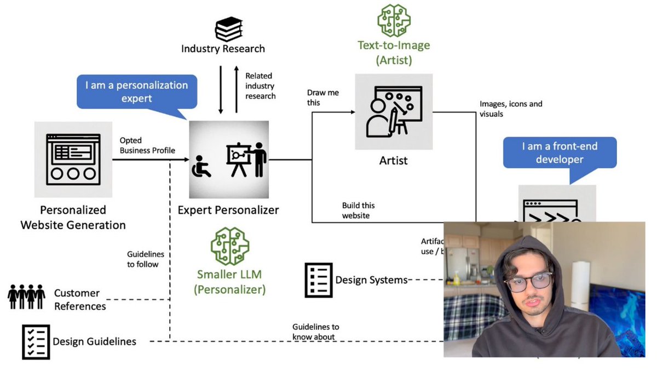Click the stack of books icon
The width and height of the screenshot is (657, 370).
tap(229, 30)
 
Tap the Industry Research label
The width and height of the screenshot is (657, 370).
tap(223, 49)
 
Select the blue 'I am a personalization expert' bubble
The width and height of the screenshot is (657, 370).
tap(136, 92)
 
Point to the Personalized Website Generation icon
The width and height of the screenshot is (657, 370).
tap(73, 160)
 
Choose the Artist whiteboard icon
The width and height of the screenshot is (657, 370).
tap(394, 112)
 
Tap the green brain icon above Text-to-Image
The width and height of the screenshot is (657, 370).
tap(394, 21)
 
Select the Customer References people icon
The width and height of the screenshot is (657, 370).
tap(26, 297)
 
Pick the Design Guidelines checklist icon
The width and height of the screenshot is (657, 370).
tap(36, 341)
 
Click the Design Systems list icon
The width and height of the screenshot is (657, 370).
tap(318, 280)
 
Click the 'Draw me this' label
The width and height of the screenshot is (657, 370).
tap(323, 98)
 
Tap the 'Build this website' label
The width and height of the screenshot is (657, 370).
tap(359, 210)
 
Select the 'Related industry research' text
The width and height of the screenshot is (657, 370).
tap(260, 86)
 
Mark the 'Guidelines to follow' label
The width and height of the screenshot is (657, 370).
tap(145, 259)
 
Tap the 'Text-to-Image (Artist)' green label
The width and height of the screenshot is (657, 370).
tap(394, 53)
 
